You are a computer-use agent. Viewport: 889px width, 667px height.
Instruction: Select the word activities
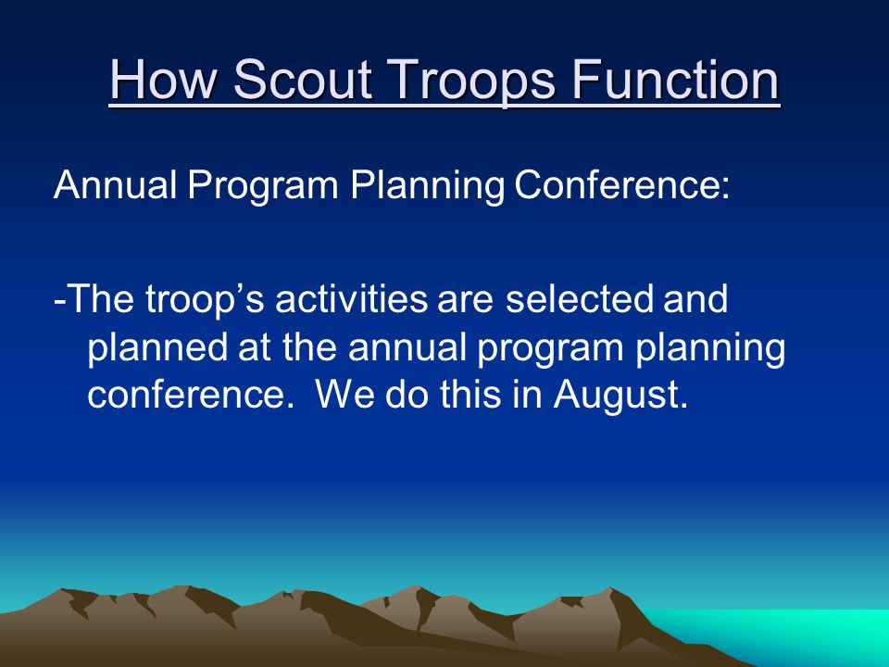(x=351, y=298)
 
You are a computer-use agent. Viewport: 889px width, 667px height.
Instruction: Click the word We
(x=344, y=395)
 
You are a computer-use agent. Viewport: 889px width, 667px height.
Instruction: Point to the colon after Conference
(x=725, y=188)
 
